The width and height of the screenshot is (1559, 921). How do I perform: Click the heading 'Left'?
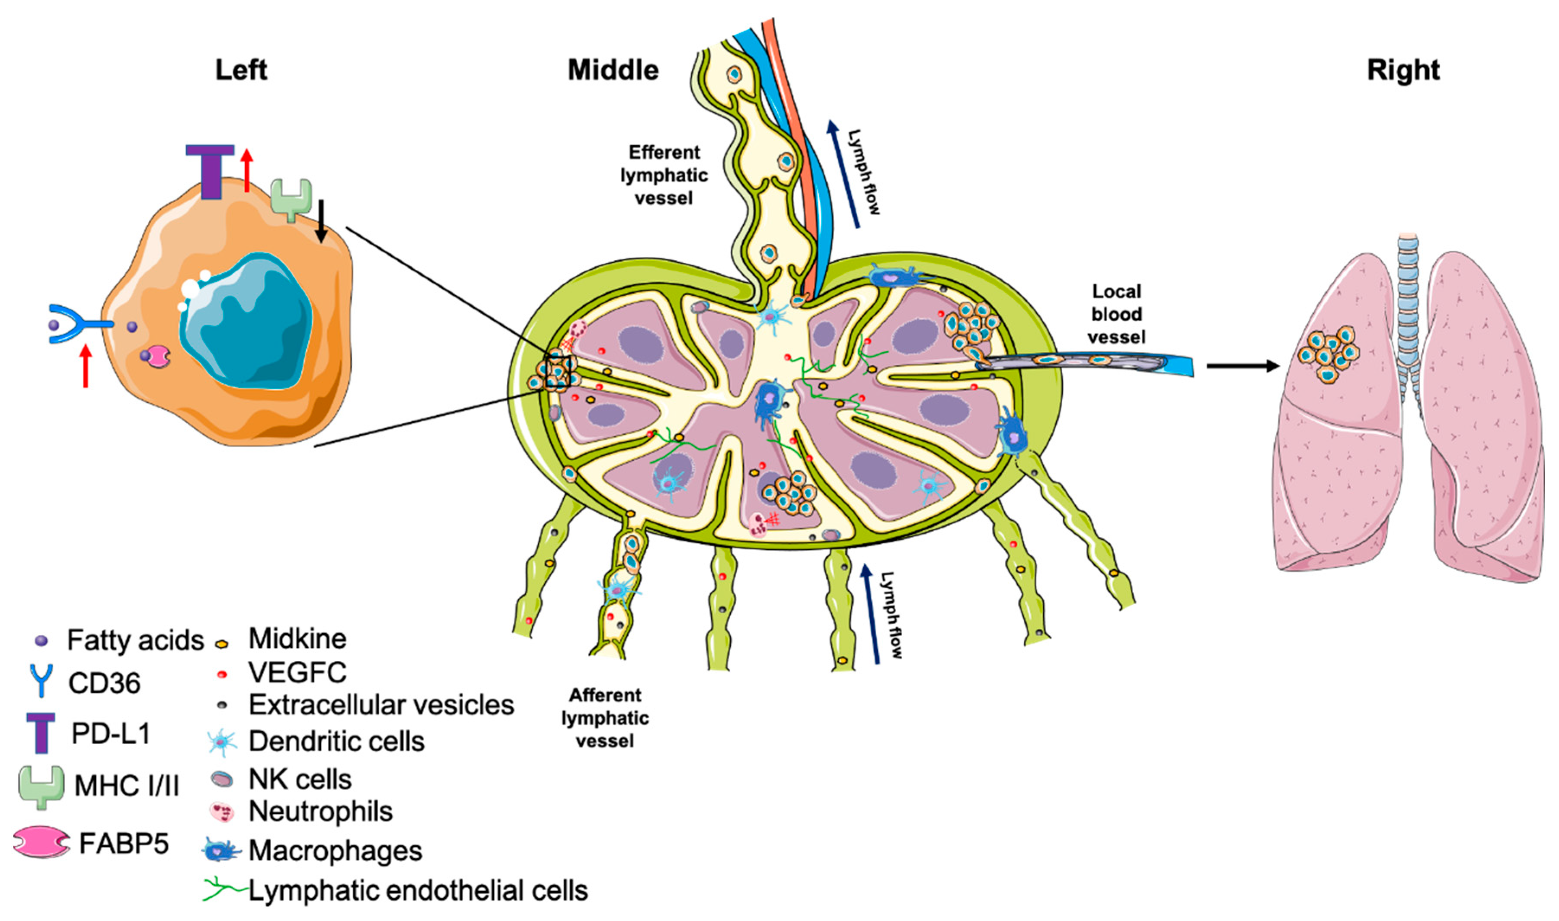click(x=241, y=70)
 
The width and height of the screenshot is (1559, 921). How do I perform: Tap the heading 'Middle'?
click(x=613, y=70)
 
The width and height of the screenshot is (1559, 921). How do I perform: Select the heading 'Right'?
click(x=1403, y=70)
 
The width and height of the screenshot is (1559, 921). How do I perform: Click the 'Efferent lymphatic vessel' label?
click(x=664, y=175)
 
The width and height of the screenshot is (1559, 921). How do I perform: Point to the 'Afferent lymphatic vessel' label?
click(x=605, y=717)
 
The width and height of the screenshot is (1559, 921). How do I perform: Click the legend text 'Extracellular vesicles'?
click(x=381, y=705)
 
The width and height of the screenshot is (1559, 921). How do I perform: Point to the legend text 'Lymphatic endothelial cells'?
click(x=418, y=891)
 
